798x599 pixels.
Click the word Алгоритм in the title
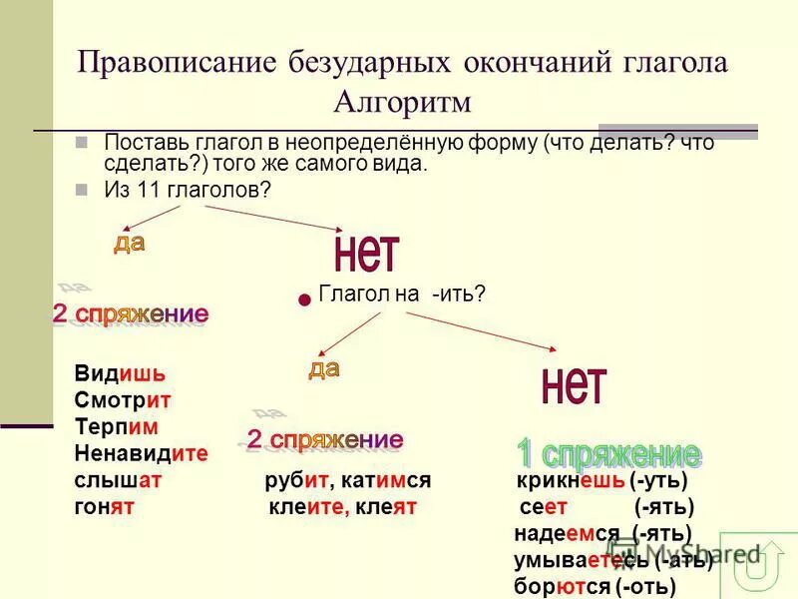(403, 101)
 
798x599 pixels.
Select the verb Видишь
(119, 374)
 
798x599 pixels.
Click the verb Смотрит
(123, 400)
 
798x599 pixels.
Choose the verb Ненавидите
(141, 453)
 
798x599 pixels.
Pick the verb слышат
(118, 480)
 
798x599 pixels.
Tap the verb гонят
(104, 506)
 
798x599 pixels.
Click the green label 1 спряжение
(607, 453)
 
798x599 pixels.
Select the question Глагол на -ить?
(401, 295)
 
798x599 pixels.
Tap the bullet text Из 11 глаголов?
(188, 190)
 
